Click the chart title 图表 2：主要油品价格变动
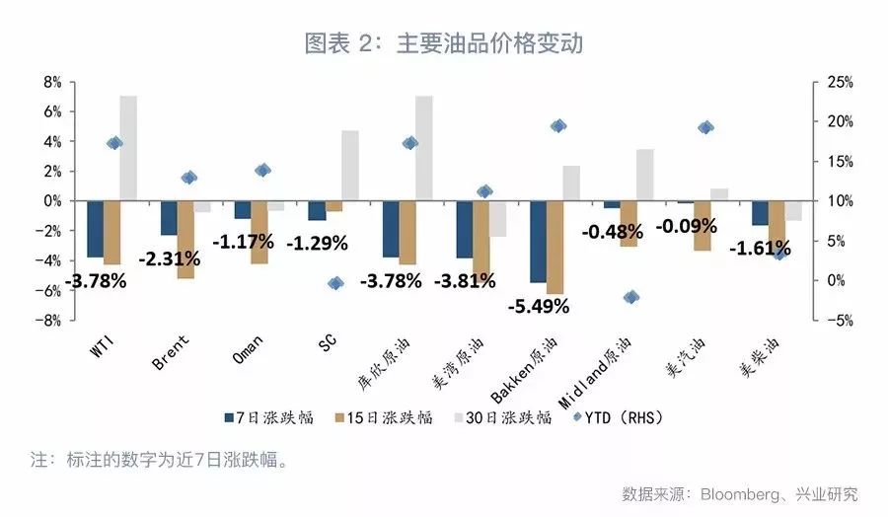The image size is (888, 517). point(443,43)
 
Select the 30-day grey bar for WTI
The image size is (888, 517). point(128,148)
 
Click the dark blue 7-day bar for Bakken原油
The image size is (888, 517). point(539,241)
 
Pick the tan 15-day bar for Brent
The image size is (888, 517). point(185,239)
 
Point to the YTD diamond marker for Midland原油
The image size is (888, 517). point(631,297)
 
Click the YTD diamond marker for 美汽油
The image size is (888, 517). point(705,127)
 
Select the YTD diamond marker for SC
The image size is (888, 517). point(335,283)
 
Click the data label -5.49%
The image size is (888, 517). point(539,306)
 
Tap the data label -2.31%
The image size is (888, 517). point(169,259)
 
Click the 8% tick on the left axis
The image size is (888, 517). point(51,81)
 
